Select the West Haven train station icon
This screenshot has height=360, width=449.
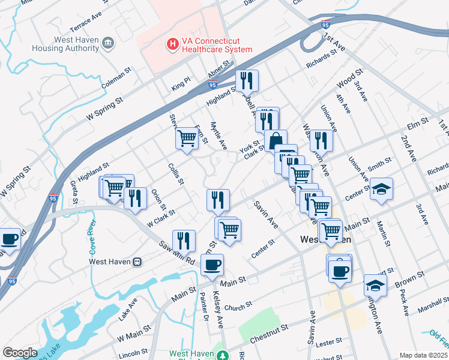(137, 261)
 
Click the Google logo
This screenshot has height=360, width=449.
(20, 353)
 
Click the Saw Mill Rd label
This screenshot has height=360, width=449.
(176, 254)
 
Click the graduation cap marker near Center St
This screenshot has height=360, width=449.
(381, 189)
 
